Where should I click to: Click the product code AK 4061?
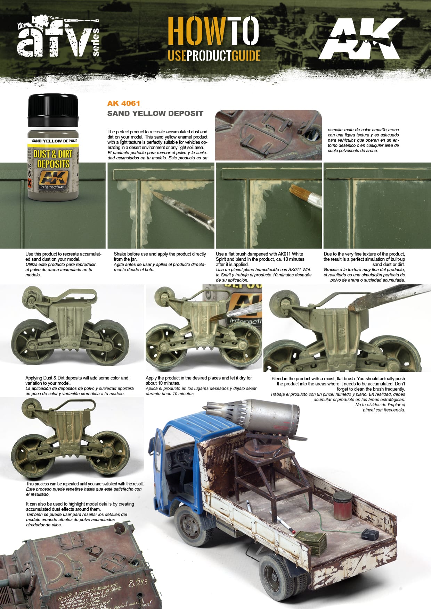124,103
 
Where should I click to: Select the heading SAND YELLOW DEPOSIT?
155,114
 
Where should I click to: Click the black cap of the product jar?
53,110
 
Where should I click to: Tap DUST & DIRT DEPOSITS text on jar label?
53,159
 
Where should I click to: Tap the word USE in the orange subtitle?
177,56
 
